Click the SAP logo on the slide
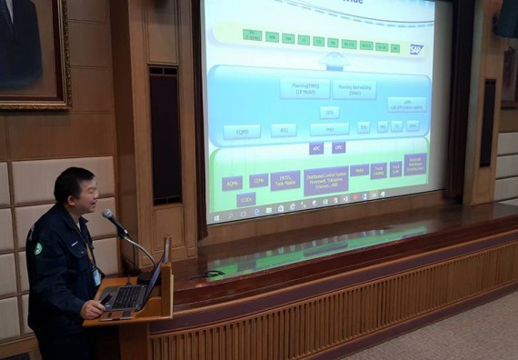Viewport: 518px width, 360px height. coord(415,49)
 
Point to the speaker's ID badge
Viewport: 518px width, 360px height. coord(96,275)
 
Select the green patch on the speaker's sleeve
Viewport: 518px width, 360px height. coord(38,248)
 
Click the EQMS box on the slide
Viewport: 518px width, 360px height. coord(241,132)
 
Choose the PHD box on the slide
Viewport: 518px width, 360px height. coord(328,129)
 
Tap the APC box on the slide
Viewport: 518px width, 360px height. coord(316,148)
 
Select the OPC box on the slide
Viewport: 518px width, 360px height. coord(339,146)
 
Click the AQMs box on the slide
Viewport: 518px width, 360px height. coord(233,182)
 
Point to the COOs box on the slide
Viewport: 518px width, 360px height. coord(246,198)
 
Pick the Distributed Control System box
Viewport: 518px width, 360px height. coord(325,179)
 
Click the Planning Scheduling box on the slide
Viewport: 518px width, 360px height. coord(354,89)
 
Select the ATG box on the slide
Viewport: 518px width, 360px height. coord(283,131)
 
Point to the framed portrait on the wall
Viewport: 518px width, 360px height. coord(32,50)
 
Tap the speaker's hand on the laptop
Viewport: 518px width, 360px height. coord(94,308)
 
